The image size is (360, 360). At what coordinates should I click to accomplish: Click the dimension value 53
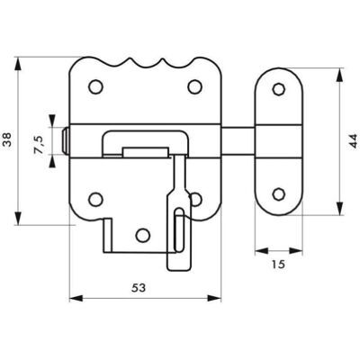139,288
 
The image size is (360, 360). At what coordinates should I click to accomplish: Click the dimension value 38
7,139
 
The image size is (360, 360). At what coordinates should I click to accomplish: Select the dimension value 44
354,140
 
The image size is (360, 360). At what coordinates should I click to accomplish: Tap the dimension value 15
278,265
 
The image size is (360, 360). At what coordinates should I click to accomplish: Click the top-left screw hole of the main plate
96,86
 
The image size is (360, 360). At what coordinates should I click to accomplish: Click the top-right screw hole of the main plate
194,86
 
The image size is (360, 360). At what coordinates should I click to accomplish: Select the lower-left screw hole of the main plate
96,199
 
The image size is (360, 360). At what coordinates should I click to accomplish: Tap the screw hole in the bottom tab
142,235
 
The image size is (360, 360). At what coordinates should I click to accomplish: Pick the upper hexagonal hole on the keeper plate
279,89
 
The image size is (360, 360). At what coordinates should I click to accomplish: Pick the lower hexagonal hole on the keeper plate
279,194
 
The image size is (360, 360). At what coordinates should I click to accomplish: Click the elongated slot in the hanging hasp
179,229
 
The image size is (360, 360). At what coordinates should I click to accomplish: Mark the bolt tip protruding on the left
65,140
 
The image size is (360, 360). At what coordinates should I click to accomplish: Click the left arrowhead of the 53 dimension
76,298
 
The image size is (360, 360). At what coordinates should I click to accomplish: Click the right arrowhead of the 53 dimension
214,298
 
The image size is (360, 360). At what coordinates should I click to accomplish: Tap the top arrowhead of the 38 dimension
18,64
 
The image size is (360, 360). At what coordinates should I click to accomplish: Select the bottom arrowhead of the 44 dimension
339,209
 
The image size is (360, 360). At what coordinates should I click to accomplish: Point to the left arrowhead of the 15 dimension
261,251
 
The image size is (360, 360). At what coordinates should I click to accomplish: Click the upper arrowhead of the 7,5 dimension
52,121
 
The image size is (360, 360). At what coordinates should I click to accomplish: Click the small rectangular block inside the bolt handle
145,152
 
